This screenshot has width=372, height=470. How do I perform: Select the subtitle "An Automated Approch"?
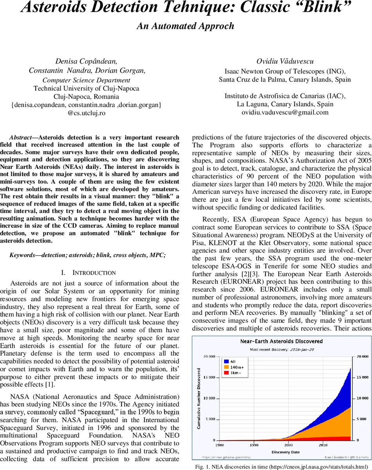tap(185, 26)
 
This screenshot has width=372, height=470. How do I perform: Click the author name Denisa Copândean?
tap(86, 61)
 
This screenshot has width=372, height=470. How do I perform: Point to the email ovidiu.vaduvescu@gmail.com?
tap(285, 112)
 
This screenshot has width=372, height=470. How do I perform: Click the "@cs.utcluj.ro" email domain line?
tap(86, 114)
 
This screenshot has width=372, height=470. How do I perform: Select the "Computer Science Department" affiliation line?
tap(86, 80)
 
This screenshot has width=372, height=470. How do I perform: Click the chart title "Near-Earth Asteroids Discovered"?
tap(281, 342)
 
